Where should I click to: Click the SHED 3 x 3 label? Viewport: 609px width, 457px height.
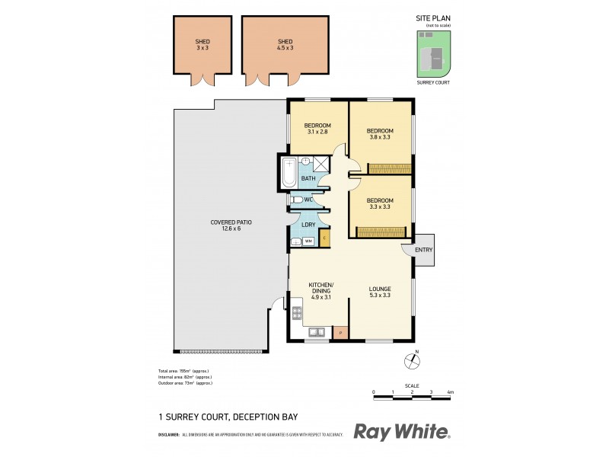(202, 44)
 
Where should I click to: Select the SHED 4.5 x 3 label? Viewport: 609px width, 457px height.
(285, 44)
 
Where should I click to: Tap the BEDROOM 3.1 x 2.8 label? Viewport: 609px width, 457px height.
(317, 129)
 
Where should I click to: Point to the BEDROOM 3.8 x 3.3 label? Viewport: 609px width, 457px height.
(380, 134)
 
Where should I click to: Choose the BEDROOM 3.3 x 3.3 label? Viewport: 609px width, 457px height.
(380, 203)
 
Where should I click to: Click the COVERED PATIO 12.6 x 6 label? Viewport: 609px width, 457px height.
(231, 225)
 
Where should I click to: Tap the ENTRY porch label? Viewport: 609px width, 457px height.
(423, 250)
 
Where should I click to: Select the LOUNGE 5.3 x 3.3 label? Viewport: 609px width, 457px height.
(380, 292)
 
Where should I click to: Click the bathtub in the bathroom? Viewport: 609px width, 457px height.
(289, 173)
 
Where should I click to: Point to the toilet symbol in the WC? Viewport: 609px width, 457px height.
(298, 200)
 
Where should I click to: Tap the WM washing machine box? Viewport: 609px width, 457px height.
(308, 241)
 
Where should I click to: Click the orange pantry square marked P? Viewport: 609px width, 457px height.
(340, 332)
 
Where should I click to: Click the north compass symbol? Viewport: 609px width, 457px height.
(416, 363)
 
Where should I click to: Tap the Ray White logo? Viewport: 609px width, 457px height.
(402, 432)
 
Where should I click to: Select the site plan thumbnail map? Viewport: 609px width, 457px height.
(433, 53)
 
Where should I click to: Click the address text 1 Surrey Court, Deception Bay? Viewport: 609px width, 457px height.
(227, 417)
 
